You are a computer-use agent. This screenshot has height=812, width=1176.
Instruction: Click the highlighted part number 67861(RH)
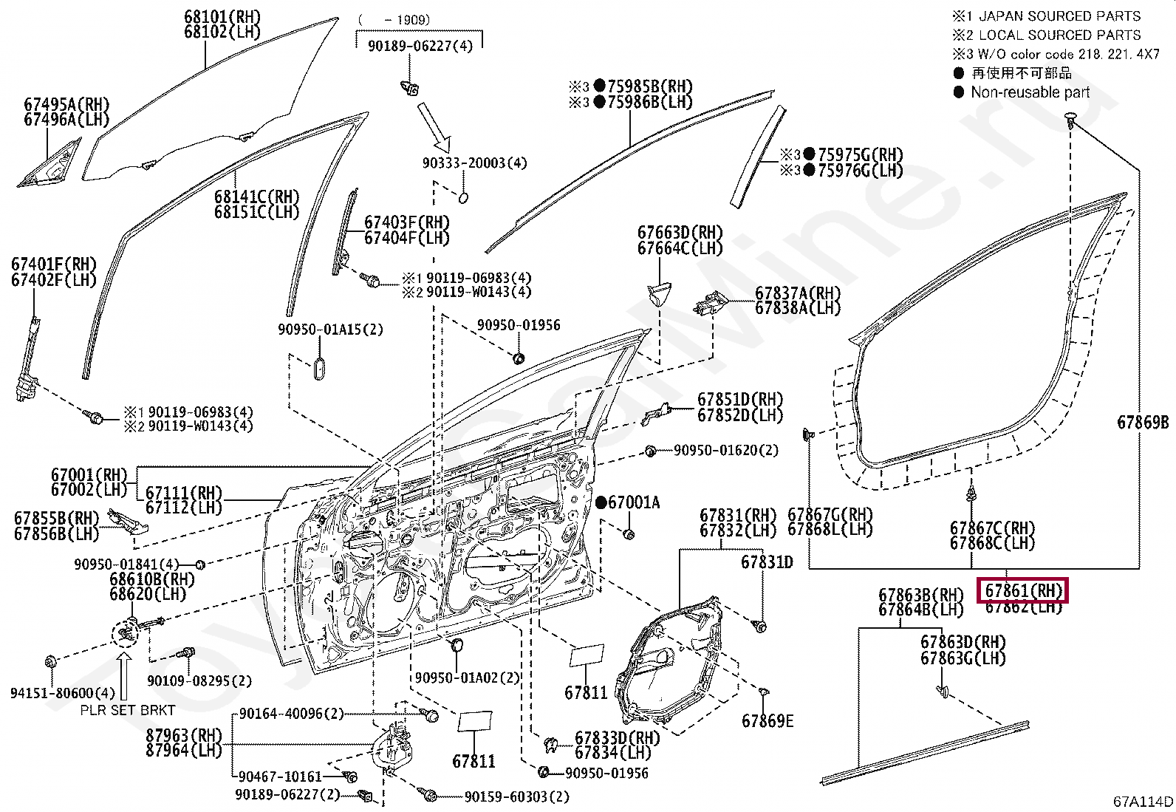[x=1023, y=590]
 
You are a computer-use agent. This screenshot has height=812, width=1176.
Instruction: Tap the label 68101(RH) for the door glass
[x=222, y=16]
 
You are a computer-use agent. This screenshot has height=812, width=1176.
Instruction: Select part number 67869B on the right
[x=1143, y=423]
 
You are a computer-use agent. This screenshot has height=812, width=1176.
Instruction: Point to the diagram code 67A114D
[x=1143, y=802]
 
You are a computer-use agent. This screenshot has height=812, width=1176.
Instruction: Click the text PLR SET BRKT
[x=127, y=711]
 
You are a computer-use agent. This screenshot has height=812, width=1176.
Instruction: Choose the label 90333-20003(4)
[x=474, y=163]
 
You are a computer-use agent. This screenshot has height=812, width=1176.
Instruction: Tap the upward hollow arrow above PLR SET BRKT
[x=124, y=675]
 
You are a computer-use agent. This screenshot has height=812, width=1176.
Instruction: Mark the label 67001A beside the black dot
[x=634, y=503]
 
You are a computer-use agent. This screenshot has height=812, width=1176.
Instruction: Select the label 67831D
[x=767, y=563]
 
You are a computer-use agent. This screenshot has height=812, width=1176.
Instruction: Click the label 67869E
[x=768, y=721]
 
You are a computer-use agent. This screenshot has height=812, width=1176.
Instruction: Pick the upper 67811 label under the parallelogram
[x=586, y=693]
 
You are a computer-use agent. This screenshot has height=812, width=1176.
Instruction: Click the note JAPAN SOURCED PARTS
[x=1059, y=16]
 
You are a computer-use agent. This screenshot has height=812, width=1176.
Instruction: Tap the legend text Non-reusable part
[x=1030, y=92]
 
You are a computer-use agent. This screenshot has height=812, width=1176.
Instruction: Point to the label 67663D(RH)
[x=680, y=233]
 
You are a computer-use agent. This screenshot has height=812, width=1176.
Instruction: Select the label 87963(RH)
[x=184, y=735]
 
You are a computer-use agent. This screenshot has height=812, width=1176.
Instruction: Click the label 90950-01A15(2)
[x=330, y=330]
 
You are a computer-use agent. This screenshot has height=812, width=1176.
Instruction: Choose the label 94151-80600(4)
[x=62, y=693]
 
